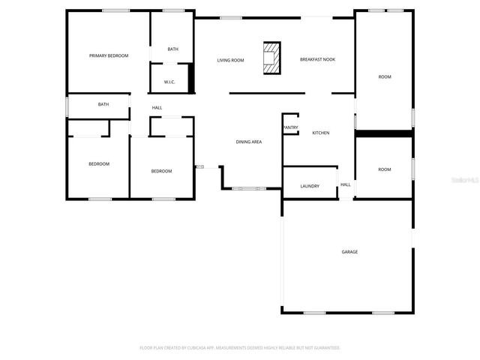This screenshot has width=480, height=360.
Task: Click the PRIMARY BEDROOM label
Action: [x=109, y=55]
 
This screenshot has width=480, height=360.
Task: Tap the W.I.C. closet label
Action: [x=169, y=82]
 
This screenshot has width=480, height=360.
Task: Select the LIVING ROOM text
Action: [x=231, y=60]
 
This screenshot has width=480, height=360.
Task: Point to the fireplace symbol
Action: [x=271, y=58]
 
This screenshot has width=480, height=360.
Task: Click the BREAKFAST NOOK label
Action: [x=317, y=60]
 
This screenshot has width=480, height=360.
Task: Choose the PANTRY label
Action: [x=291, y=127]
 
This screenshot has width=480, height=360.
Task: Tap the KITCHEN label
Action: [x=321, y=133]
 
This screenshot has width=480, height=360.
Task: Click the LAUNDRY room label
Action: [x=310, y=186]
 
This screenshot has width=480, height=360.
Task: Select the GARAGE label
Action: [x=349, y=252]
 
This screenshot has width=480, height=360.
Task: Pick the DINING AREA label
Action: [x=249, y=142]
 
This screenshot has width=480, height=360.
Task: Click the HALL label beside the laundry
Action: [x=346, y=184]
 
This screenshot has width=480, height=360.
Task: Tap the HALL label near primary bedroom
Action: [x=157, y=108]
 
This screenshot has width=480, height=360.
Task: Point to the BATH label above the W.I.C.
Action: [x=173, y=49]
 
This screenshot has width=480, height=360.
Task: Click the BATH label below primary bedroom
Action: [x=103, y=104]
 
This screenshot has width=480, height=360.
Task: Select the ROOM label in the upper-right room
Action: [x=385, y=77]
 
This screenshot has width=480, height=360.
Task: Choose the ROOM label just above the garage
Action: [x=385, y=169]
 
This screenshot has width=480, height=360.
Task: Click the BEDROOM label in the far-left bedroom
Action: [x=99, y=163]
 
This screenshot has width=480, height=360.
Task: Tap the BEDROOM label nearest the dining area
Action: [x=161, y=171]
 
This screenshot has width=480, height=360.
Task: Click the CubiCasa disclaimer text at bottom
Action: [x=240, y=348]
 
